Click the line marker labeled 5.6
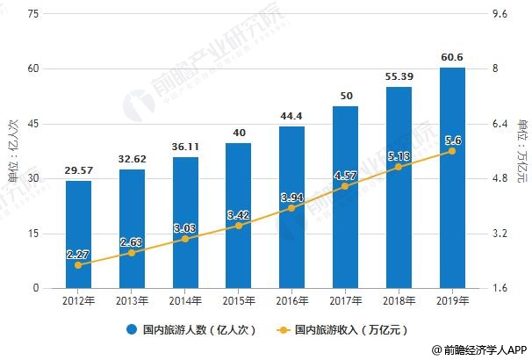pos(452,151)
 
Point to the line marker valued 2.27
pos(78,265)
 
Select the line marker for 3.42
pos(238,226)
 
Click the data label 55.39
pos(399,78)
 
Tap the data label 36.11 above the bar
pos(185,148)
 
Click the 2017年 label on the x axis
pos(345,301)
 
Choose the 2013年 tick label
pos(132,301)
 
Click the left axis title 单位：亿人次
pos(12,151)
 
